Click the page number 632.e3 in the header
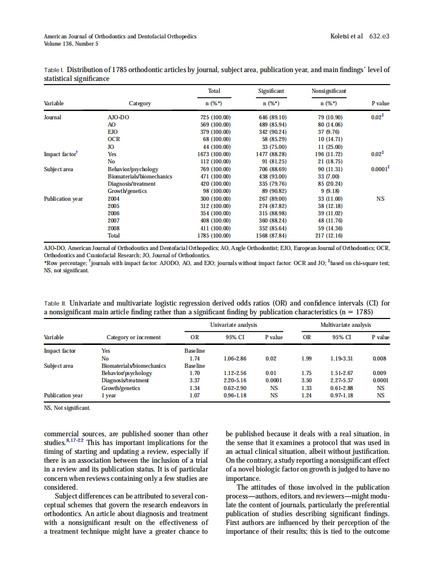pos(379,36)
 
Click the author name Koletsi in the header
pos(341,36)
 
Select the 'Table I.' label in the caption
pos(54,70)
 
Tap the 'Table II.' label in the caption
pos(55,303)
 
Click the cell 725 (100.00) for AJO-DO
pos(215,118)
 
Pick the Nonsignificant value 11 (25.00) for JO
pos(329,147)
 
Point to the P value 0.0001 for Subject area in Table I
pos(380,169)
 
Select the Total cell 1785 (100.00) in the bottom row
pos(215,235)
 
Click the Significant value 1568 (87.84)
pos(272,235)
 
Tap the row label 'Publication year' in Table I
pos(64,199)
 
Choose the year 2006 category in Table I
pos(113,213)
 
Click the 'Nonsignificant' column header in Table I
pos(329,91)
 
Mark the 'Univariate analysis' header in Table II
pos(234,325)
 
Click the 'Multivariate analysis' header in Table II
pos(346,325)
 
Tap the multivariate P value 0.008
pos(381,358)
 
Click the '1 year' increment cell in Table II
pos(108,395)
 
